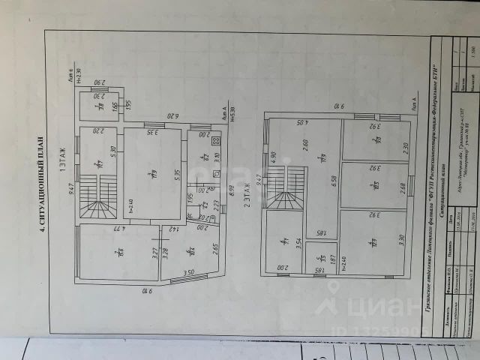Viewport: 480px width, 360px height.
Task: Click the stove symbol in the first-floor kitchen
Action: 215,141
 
